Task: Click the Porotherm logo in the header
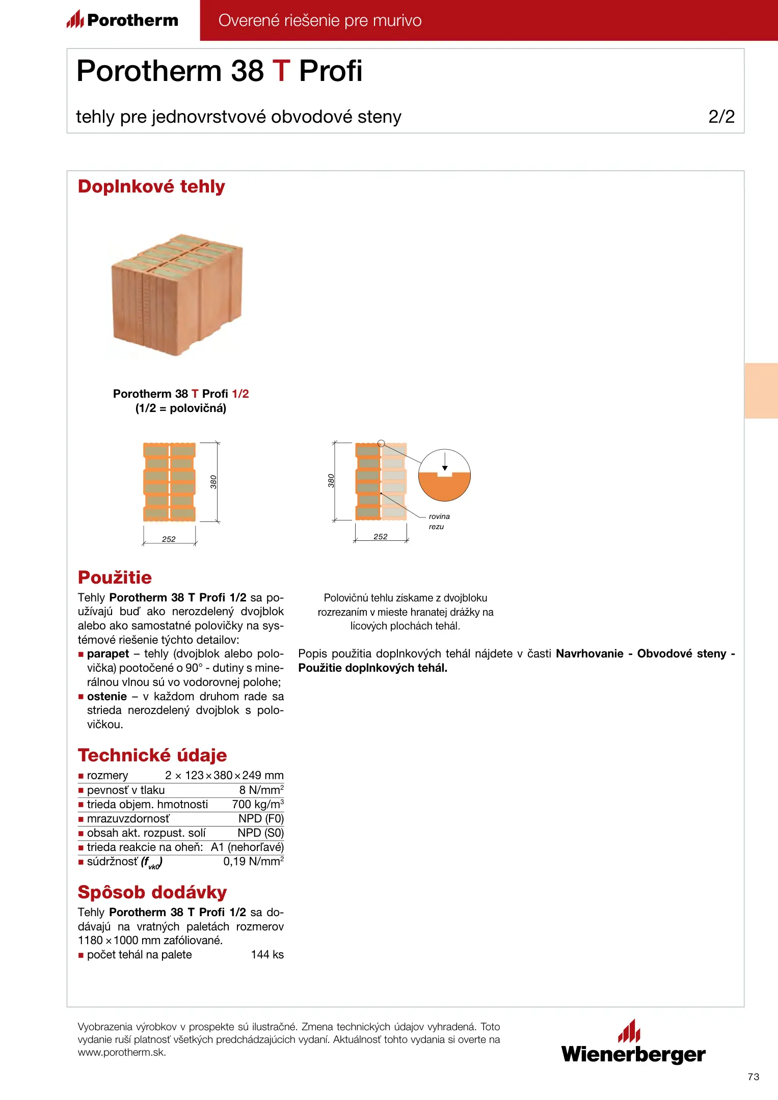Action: click(122, 20)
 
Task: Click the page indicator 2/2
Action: click(721, 117)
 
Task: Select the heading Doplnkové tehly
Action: click(151, 186)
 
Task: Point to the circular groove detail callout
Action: click(444, 475)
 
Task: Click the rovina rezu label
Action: click(438, 521)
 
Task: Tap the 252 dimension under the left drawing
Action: click(169, 539)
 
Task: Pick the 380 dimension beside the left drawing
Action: click(213, 482)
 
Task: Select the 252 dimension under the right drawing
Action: click(380, 537)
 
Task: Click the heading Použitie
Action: click(115, 577)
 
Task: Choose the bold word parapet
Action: click(108, 654)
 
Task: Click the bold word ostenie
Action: click(107, 697)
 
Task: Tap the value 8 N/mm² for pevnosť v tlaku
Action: click(261, 790)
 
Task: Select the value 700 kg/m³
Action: click(258, 804)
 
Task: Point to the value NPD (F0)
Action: click(261, 818)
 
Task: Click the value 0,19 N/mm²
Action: click(253, 861)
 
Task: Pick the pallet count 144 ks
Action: click(267, 954)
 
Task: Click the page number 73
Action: click(753, 1077)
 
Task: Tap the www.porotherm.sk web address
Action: click(122, 1053)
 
